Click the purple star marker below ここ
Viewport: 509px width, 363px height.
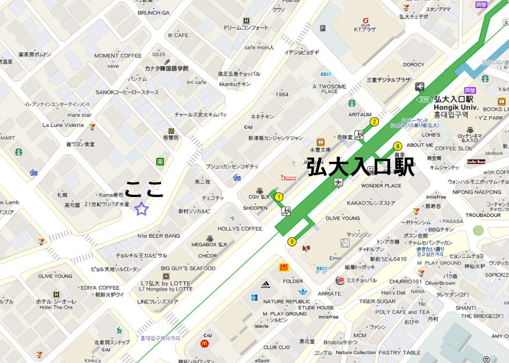click(141, 209)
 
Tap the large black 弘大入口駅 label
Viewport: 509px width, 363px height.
click(361, 167)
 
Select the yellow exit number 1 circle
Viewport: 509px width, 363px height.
click(278, 197)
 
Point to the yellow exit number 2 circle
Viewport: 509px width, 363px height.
click(374, 122)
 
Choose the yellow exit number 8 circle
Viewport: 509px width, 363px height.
click(397, 146)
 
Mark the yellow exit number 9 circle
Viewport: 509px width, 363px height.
click(292, 241)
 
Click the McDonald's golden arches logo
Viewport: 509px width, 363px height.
click(204, 343)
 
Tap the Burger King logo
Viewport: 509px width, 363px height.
click(340, 281)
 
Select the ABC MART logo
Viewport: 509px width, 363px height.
click(284, 267)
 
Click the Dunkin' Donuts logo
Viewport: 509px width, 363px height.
click(288, 178)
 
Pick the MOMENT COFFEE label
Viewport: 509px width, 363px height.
click(118, 56)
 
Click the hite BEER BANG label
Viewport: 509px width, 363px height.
click(159, 236)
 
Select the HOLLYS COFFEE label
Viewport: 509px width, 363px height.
click(240, 229)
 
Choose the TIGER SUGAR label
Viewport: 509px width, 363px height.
click(377, 301)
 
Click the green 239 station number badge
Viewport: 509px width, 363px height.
click(423, 99)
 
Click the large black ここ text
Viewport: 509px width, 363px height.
click(144, 189)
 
